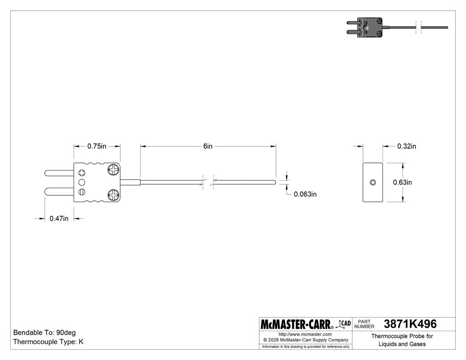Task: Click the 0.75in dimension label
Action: (97, 146)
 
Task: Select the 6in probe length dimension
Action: (208, 146)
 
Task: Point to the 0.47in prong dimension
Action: (59, 218)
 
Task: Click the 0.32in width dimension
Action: (407, 146)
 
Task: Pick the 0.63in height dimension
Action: (403, 182)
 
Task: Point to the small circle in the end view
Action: (373, 182)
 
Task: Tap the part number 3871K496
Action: (410, 324)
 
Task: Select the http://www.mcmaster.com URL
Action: (305, 334)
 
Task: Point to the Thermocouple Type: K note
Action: (48, 342)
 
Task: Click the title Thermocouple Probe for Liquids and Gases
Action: (402, 340)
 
